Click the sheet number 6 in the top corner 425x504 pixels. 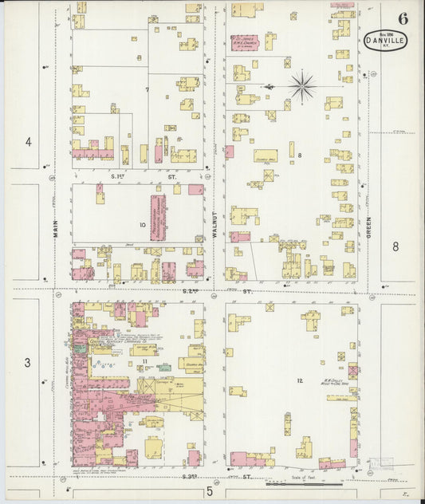[403, 18]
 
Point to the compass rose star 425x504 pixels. [302, 86]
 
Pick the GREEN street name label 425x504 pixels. [369, 211]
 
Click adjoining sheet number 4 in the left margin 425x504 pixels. [28, 142]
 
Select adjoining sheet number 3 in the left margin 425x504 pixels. [27, 363]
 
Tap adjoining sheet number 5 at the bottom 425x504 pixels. [210, 491]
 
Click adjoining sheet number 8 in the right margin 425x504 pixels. [395, 246]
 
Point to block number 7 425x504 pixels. [147, 89]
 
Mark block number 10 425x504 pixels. [142, 225]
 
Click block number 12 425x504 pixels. [300, 380]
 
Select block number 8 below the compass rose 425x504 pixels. [300, 155]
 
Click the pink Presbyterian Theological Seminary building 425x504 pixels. [158, 217]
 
